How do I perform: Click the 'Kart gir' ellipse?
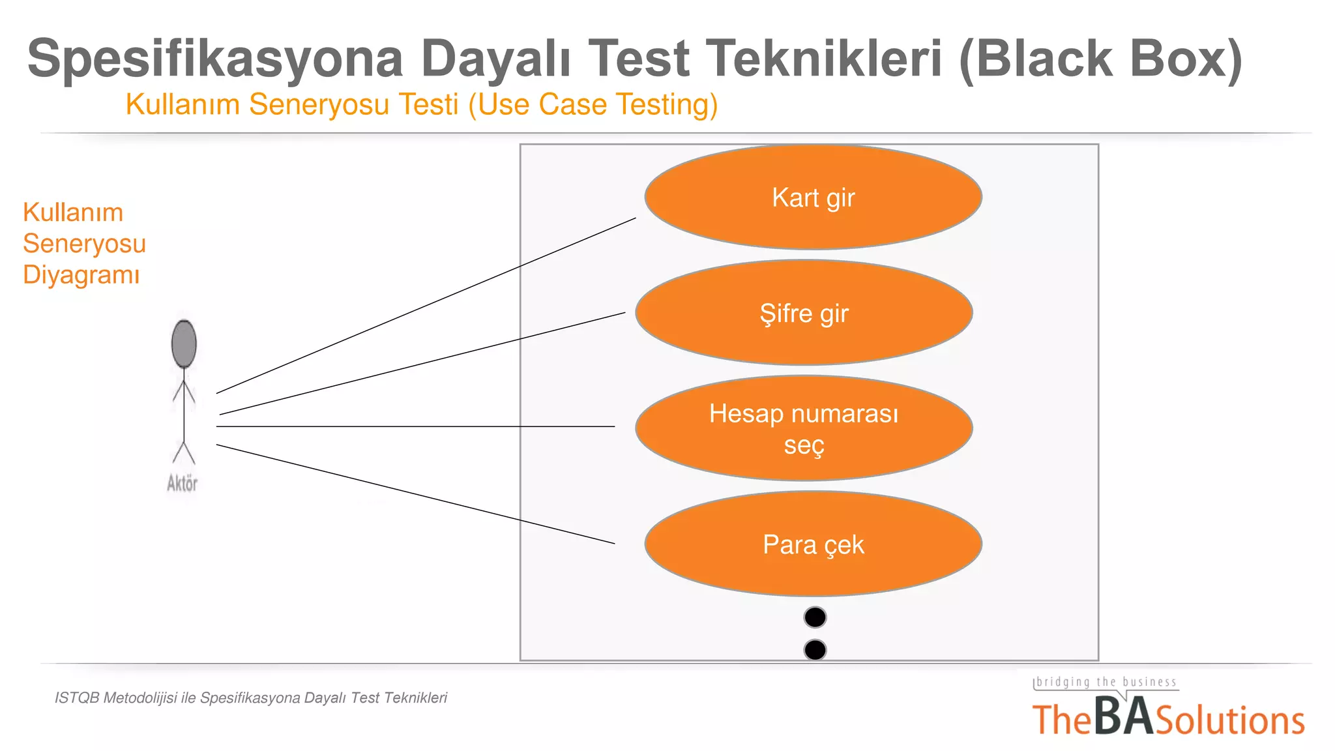tap(813, 197)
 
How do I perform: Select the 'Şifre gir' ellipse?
tap(804, 313)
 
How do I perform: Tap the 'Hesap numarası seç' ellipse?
tap(804, 428)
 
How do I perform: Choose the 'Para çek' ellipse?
tap(813, 544)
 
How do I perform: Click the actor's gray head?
tap(184, 344)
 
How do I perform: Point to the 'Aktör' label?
tap(182, 483)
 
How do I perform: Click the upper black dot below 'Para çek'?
tap(815, 617)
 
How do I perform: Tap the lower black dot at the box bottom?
tap(815, 649)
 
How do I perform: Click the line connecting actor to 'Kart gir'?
tap(426, 306)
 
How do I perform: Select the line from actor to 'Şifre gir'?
tap(422, 364)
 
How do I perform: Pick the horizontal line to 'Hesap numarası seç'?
tap(415, 426)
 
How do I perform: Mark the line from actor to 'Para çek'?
tap(415, 493)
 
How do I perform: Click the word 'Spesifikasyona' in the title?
tap(215, 59)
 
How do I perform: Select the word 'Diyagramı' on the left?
tap(81, 274)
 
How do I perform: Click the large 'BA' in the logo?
tap(1123, 716)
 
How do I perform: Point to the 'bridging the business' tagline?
tap(1106, 682)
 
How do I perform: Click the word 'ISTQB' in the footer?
tap(77, 698)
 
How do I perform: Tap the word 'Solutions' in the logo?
tap(1229, 720)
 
